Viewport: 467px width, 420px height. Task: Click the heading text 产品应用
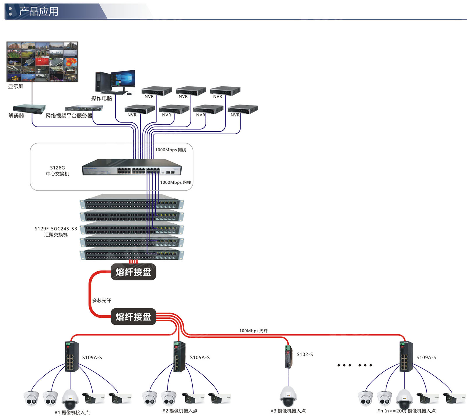click(x=39, y=11)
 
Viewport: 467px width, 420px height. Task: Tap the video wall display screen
click(x=42, y=62)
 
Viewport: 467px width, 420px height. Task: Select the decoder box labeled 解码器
click(x=29, y=109)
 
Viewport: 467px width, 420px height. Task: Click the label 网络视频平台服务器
click(x=69, y=116)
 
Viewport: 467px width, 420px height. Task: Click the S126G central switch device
click(x=132, y=167)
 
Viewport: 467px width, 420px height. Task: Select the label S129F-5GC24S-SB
click(x=56, y=229)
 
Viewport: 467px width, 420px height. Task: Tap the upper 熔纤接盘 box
click(x=133, y=272)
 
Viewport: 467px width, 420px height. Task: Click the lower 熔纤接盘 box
click(x=133, y=317)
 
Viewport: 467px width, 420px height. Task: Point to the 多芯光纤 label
click(x=102, y=301)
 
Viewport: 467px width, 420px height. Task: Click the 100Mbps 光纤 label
click(x=253, y=331)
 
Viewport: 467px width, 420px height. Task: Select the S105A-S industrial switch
click(x=179, y=356)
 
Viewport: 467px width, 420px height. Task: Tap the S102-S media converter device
click(x=289, y=357)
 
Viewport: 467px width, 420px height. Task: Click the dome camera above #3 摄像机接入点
click(x=288, y=396)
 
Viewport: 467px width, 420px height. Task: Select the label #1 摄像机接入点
click(x=72, y=412)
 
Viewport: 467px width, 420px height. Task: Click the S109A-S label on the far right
click(x=426, y=357)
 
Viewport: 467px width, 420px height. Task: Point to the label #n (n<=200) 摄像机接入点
click(x=406, y=411)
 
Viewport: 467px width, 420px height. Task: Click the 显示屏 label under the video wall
click(x=16, y=86)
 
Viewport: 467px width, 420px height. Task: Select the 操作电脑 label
click(x=102, y=98)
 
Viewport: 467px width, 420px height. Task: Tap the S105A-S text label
click(x=200, y=357)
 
